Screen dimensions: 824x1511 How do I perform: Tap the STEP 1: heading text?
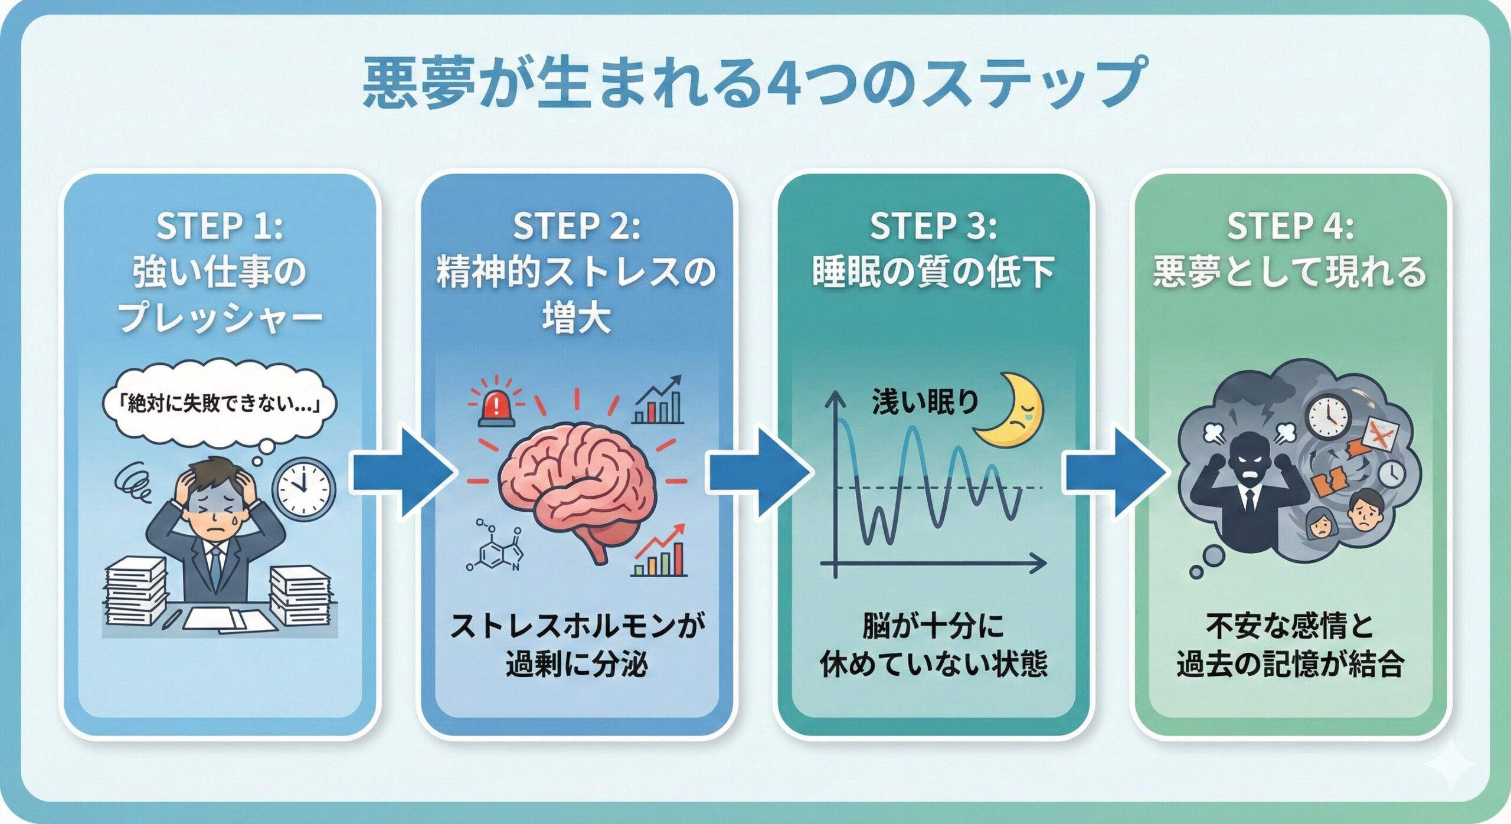pyautogui.click(x=220, y=226)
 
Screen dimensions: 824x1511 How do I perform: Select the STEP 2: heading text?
pyautogui.click(x=577, y=226)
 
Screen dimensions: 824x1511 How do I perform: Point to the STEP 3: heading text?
pyautogui.click(x=933, y=226)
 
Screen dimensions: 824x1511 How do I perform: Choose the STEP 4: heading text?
pyautogui.click(x=1290, y=226)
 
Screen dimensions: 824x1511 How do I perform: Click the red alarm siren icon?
pyautogui.click(x=497, y=406)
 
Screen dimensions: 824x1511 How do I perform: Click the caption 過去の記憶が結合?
pyautogui.click(x=1290, y=665)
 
